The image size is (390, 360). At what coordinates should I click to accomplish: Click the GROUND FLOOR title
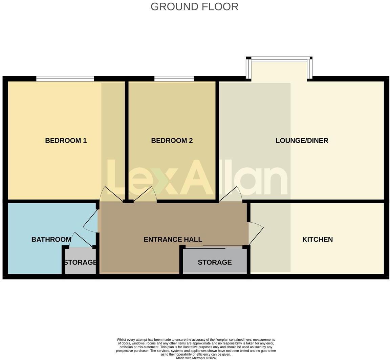pos(194,6)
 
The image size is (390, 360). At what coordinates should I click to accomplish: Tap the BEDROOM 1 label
pos(66,140)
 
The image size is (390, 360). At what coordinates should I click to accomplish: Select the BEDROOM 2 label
pos(172,140)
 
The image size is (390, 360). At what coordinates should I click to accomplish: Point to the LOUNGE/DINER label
pos(302,140)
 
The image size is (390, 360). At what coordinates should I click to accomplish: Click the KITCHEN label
pos(317,239)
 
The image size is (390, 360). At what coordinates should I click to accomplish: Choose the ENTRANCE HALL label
pos(173,239)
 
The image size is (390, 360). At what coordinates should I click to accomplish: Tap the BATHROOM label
pos(51,239)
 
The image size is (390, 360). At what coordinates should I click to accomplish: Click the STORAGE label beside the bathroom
pos(81,262)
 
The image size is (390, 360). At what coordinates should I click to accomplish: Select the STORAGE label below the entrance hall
pos(215,262)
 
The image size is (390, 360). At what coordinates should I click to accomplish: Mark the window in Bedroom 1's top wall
pos(65,79)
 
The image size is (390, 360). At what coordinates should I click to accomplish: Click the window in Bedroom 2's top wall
pos(174,79)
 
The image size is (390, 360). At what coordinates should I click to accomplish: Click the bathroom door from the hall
pos(90,222)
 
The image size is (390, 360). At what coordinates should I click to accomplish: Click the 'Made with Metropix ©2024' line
pos(196,358)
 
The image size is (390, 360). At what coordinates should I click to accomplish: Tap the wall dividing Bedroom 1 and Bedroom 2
pos(127,140)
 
